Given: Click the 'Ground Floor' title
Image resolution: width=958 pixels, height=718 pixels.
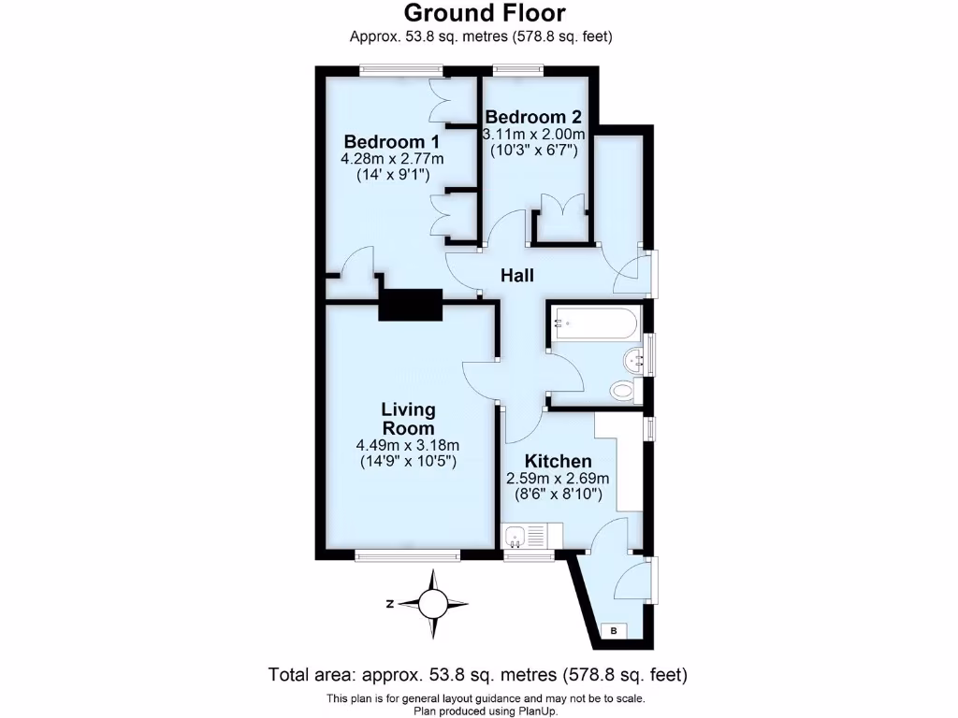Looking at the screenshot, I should pos(484,13).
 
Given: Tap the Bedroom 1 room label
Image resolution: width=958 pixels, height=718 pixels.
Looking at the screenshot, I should pos(392,141).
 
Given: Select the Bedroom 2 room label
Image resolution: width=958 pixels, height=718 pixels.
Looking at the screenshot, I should pos(533,117).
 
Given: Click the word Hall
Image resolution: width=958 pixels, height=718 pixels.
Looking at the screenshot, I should pos(517,276).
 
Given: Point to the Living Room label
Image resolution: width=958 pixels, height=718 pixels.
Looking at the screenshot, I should pos(408,418).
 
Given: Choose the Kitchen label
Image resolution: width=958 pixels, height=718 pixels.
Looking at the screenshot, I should pos(558,461).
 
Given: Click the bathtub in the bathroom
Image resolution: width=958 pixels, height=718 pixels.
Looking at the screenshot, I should pos(595,324).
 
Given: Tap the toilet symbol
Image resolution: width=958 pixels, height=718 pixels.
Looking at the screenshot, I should pos(621,389).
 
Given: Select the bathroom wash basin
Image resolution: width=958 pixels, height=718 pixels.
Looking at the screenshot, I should pos(635,356).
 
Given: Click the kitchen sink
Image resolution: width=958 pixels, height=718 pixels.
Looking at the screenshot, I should pos(515,536).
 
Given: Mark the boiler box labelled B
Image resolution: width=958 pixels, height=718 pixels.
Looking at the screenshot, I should pos(614,632).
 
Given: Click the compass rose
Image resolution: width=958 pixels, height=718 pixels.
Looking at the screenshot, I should pos(433,603).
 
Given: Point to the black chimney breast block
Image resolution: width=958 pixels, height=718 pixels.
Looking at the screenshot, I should pos(410,305).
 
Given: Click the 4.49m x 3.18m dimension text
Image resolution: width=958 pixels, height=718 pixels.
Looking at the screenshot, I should pos(408,445).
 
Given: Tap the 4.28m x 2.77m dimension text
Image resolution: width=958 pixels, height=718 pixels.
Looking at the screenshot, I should pos(392,158).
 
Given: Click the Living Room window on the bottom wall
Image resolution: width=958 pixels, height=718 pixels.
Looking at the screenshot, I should pos(408,556).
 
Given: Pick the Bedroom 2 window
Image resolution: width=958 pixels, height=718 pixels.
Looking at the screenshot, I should pos(518,67).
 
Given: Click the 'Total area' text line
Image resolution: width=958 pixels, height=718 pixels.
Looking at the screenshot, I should pos(478,674).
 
